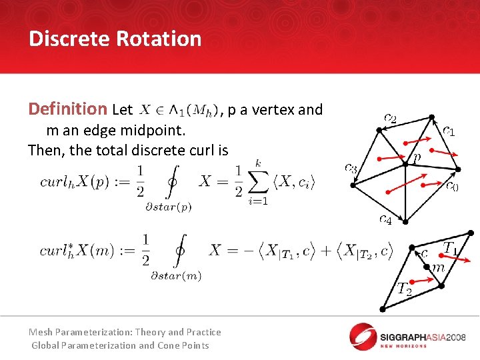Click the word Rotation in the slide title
159,39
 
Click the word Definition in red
67,109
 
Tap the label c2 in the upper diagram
390,119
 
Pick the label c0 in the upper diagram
451,187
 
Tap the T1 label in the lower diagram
451,247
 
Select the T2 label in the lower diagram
404,289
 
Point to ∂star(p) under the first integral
168,207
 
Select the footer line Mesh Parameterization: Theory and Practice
125,331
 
